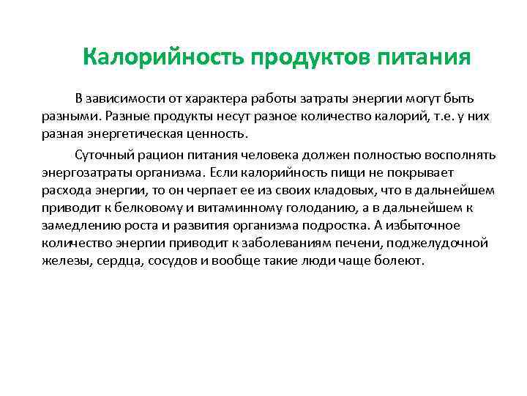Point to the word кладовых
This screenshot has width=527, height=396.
pos(330,191)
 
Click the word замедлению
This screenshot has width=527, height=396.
pos(80,226)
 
